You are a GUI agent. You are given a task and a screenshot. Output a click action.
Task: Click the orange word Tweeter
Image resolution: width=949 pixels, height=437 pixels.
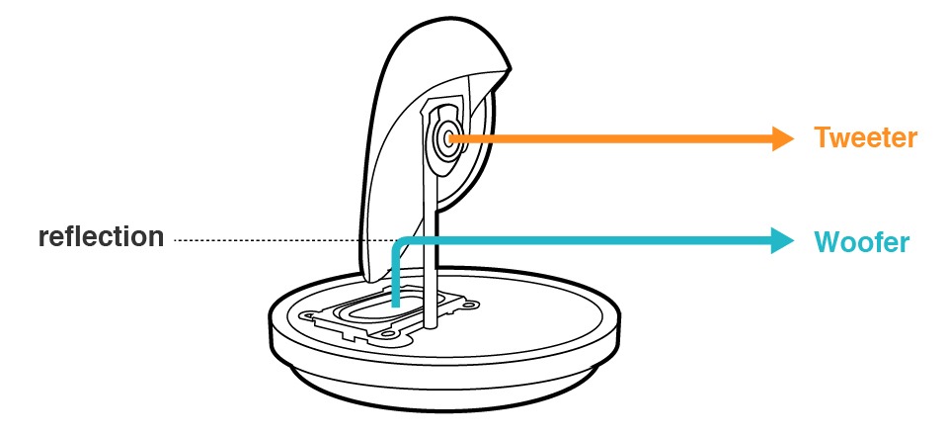pos(865,138)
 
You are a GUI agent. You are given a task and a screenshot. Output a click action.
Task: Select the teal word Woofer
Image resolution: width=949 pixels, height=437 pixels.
pos(860,241)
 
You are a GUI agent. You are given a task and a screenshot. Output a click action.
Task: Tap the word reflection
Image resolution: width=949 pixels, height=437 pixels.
pos(101,238)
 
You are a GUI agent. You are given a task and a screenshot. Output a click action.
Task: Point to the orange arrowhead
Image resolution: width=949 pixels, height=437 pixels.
pos(782,139)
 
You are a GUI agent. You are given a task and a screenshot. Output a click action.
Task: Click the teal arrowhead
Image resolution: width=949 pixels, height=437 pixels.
pos(782,240)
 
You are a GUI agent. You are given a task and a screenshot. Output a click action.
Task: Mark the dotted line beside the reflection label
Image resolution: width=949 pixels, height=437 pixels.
pos(267,240)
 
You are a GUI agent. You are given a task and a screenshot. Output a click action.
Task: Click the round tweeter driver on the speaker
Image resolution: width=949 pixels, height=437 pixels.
pos(448,139)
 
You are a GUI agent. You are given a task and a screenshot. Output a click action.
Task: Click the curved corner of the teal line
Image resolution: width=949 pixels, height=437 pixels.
pos(398,244)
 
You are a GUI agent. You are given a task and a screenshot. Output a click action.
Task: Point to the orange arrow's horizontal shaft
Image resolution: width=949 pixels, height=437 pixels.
pos(612,139)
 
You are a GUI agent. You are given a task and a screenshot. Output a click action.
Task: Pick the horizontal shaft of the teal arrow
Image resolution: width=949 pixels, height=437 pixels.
pos(593,240)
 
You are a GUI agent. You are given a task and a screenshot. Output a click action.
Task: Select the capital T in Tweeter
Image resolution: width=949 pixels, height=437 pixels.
pos(822,138)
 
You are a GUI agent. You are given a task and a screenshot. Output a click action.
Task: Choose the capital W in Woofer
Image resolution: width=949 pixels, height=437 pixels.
pos(826,241)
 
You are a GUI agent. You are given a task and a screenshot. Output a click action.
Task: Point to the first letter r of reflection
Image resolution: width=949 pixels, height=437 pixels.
pos(43,239)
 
